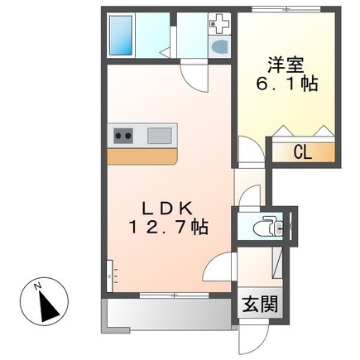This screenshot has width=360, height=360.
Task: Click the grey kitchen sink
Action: click(x=160, y=134)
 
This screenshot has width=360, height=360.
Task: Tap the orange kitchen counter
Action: click(x=142, y=156)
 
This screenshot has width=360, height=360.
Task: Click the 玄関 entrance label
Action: click(x=257, y=303)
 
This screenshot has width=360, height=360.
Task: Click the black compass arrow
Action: click(x=48, y=306)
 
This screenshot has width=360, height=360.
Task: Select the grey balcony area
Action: click(x=166, y=314)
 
